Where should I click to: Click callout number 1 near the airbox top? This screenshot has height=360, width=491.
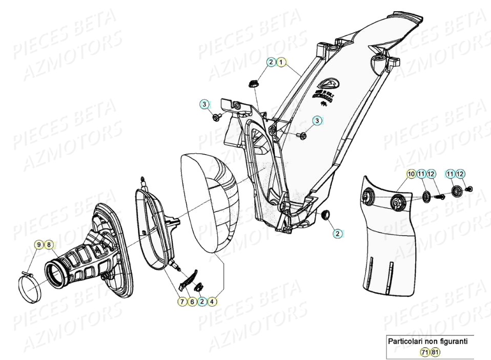(x=281, y=62)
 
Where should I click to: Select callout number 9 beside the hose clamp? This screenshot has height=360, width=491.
(x=38, y=245)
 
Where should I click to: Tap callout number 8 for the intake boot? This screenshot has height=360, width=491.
(x=49, y=245)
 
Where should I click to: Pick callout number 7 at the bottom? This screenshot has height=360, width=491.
(x=182, y=302)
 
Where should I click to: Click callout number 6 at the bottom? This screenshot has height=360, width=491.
(x=192, y=302)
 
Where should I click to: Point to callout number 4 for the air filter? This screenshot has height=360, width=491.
(x=212, y=302)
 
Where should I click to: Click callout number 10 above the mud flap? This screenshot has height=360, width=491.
(x=411, y=174)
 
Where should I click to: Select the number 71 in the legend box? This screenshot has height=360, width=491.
(x=425, y=352)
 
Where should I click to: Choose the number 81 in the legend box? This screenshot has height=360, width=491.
(x=435, y=352)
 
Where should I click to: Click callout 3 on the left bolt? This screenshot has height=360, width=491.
(x=204, y=105)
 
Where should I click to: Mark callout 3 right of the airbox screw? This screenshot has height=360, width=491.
(x=318, y=121)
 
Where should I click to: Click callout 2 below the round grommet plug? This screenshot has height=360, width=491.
(x=338, y=233)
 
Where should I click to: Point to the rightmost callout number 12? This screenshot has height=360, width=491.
(x=460, y=174)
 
